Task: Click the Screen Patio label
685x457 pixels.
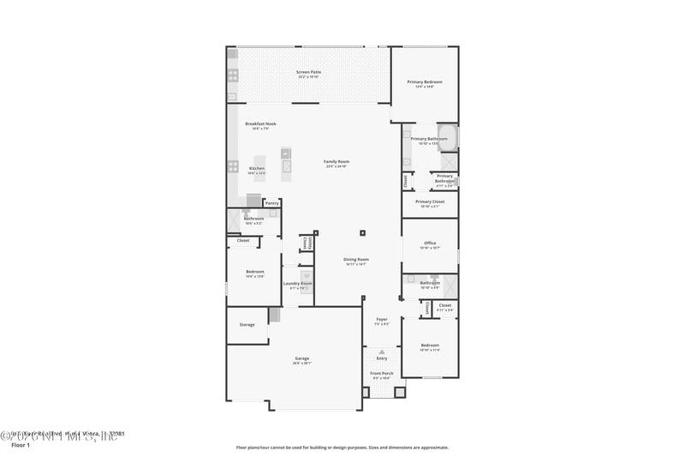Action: point(308,72)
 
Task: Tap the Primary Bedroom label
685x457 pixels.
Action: point(425,81)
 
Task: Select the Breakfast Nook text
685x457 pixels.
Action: point(260,123)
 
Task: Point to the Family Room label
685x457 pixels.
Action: point(337,161)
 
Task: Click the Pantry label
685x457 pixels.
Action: point(271,203)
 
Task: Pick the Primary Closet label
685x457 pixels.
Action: point(430,201)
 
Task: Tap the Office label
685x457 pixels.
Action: point(430,243)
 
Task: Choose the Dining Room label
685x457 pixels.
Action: point(356,259)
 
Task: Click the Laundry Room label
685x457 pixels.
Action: point(298,283)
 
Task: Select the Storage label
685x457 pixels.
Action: point(247,324)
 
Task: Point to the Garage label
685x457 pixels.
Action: point(302,358)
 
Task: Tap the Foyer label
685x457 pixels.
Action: point(382,319)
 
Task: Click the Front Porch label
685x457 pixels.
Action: point(382,374)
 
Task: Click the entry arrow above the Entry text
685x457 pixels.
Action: point(382,352)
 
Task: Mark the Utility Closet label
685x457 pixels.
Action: point(306,244)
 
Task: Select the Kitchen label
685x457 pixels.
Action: point(257,168)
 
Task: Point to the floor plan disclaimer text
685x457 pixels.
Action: point(342,447)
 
